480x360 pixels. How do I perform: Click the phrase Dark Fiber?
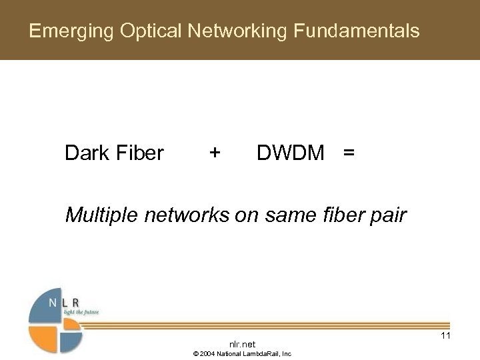pyautogui.click(x=114, y=153)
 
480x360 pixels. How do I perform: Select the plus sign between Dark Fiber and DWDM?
pyautogui.click(x=214, y=153)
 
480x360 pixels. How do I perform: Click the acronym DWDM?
pyautogui.click(x=291, y=153)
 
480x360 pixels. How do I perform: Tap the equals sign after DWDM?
pyautogui.click(x=348, y=153)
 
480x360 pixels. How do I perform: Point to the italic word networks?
pyautogui.click(x=183, y=215)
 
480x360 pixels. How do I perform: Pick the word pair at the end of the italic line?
pyautogui.click(x=385, y=215)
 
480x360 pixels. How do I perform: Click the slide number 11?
pyautogui.click(x=445, y=335)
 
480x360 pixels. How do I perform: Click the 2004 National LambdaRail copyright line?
pyautogui.click(x=242, y=354)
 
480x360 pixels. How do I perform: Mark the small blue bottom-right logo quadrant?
pyautogui.click(x=72, y=340)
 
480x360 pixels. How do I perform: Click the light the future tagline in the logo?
pyautogui.click(x=80, y=312)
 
